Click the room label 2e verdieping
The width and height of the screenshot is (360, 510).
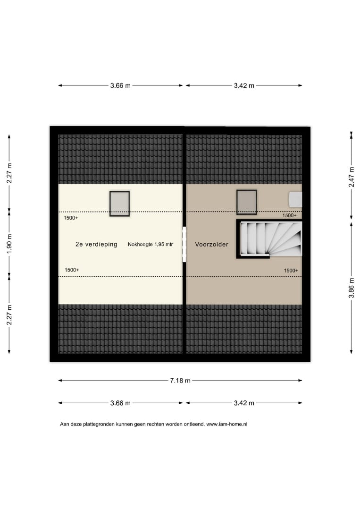(x=96, y=244)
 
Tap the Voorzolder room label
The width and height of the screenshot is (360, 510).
(x=211, y=244)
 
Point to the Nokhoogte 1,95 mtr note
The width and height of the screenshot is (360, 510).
(x=151, y=244)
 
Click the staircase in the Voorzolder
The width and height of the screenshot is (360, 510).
(x=269, y=239)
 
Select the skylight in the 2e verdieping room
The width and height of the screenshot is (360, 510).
(x=119, y=204)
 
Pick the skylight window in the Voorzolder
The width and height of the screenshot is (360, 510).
(x=247, y=202)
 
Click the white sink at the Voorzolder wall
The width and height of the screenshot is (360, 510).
(x=295, y=199)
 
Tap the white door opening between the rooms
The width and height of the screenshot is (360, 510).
(x=184, y=244)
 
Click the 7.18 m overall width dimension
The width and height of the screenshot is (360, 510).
(x=180, y=380)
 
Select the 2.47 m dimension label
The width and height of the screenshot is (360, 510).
(x=351, y=177)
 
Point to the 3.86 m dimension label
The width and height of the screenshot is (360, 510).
(x=351, y=288)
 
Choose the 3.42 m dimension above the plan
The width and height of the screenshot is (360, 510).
(x=244, y=85)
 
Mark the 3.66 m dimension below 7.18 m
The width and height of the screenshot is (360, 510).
(x=120, y=403)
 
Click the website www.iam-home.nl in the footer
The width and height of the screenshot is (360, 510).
(x=227, y=424)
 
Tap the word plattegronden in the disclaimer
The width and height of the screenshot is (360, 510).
(x=98, y=424)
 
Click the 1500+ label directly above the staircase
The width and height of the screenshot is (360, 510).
(x=290, y=215)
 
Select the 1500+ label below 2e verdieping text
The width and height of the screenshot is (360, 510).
(x=72, y=270)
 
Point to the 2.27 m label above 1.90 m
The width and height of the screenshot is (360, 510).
(x=9, y=173)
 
